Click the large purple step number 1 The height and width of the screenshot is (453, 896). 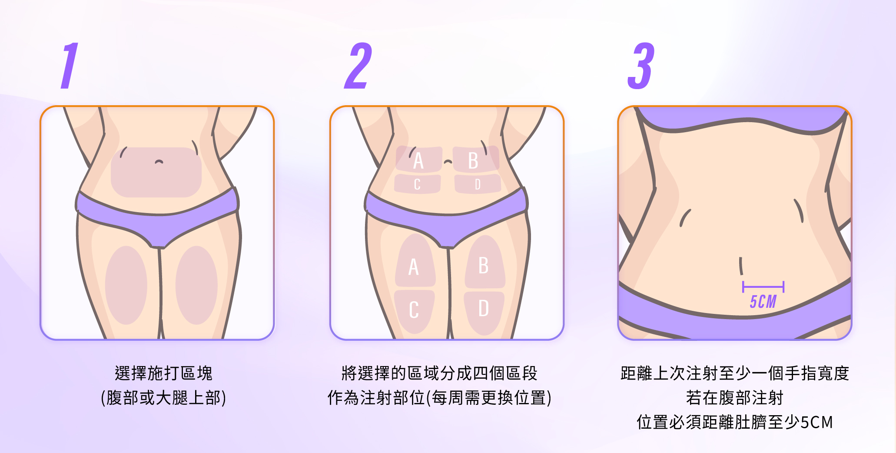coord(70,66)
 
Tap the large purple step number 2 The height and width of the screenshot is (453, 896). coord(358,66)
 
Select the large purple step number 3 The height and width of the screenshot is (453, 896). coord(641,66)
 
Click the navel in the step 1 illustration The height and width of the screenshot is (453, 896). coord(159,162)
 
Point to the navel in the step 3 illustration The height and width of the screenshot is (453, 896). coord(741,266)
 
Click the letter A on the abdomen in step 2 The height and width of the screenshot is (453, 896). coord(418,160)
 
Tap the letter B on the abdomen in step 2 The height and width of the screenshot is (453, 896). coord(473,160)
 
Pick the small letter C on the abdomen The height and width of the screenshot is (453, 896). coord(417,184)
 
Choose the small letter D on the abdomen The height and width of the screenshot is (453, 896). coord(478,184)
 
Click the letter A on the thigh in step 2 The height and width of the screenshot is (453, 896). coord(414,266)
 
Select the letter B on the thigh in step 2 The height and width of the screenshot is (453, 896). coord(483,265)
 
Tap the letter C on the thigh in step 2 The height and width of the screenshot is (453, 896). coord(414,310)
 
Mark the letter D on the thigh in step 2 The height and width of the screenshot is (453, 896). coord(484,308)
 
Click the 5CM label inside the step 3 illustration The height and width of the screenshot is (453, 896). coord(763,302)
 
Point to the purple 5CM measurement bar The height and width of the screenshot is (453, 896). coord(763,287)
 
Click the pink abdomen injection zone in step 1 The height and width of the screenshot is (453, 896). coord(156,172)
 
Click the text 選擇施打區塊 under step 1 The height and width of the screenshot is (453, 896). coord(163,373)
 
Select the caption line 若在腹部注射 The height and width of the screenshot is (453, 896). coord(734,398)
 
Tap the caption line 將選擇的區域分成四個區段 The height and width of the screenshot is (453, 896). coord(439,373)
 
